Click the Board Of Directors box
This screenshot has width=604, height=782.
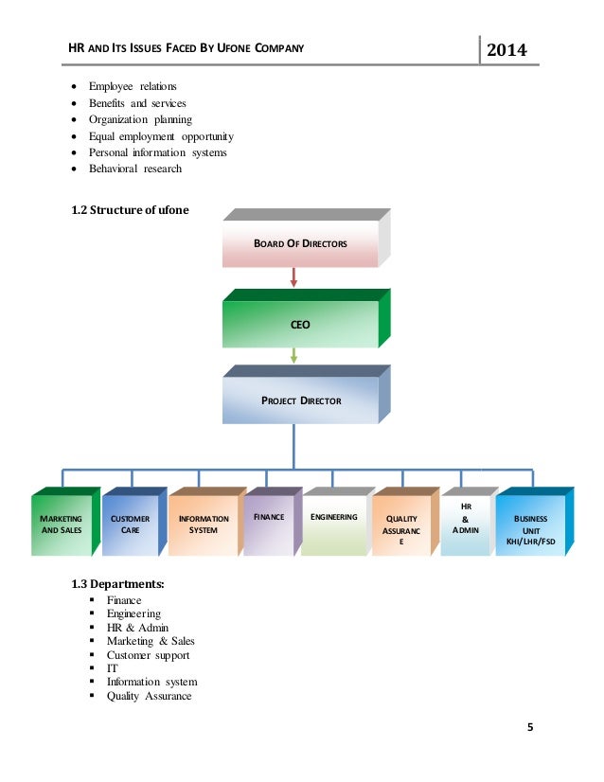300,243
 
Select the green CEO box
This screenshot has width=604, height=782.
300,324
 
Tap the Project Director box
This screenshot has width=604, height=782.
300,400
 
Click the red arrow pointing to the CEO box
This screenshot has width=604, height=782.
294,276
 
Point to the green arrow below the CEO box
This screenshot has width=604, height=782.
294,355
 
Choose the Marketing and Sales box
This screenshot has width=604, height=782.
62,524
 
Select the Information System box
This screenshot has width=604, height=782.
204,524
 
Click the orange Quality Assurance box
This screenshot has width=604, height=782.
401,528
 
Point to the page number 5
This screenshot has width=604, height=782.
530,728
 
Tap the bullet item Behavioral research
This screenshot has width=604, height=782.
135,169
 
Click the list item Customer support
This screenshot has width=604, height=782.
148,654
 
